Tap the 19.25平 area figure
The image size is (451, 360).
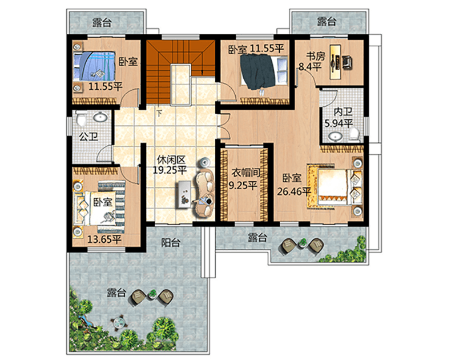click(x=170, y=170)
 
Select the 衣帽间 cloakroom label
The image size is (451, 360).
click(x=246, y=173)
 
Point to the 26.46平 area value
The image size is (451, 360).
click(x=293, y=191)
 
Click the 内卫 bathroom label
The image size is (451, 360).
click(x=343, y=113)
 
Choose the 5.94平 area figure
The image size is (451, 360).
click(x=339, y=123)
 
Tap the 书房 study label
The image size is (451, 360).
click(x=316, y=56)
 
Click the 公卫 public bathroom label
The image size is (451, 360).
click(x=88, y=137)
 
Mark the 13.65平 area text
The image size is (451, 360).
click(x=104, y=239)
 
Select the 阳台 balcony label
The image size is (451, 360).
click(x=171, y=242)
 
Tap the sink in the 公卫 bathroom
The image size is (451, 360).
click(x=100, y=117)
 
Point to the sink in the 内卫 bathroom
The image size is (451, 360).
click(x=335, y=136)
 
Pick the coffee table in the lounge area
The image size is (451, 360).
click(x=183, y=194)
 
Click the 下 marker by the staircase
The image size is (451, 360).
click(x=159, y=114)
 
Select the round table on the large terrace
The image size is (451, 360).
click(x=119, y=322)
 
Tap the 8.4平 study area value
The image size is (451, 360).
click(x=310, y=67)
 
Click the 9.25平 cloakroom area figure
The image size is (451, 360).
click(x=243, y=185)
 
